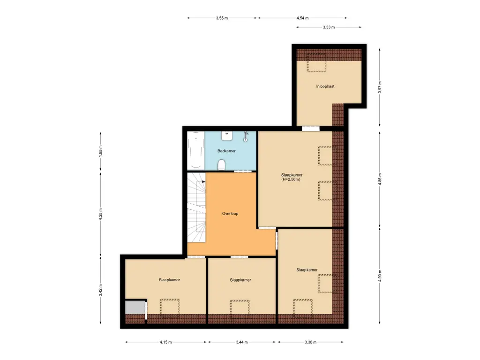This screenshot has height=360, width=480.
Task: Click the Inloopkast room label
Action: pyautogui.click(x=325, y=86)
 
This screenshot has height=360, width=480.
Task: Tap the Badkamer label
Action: pyautogui.click(x=226, y=151)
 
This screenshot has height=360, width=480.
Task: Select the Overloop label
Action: pyautogui.click(x=230, y=213)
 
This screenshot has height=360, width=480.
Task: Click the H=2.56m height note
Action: pyautogui.click(x=291, y=180)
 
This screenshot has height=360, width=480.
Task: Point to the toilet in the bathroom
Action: pyautogui.click(x=222, y=164)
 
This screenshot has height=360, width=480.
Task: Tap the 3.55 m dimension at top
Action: pyautogui.click(x=222, y=18)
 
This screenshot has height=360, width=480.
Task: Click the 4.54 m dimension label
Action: pyautogui.click(x=303, y=18)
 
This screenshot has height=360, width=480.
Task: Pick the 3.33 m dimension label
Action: pyautogui.click(x=329, y=27)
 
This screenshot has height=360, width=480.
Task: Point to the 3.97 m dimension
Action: pyautogui.click(x=380, y=87)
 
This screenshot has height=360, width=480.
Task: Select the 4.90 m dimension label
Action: pyautogui.click(x=380, y=276)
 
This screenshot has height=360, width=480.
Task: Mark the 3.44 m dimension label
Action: pyautogui.click(x=242, y=342)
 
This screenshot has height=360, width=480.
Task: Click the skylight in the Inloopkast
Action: pyautogui.click(x=316, y=63)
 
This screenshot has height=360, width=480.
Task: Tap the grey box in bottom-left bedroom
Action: pyautogui.click(x=135, y=307)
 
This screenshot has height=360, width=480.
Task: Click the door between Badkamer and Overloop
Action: pyautogui.click(x=242, y=172)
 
